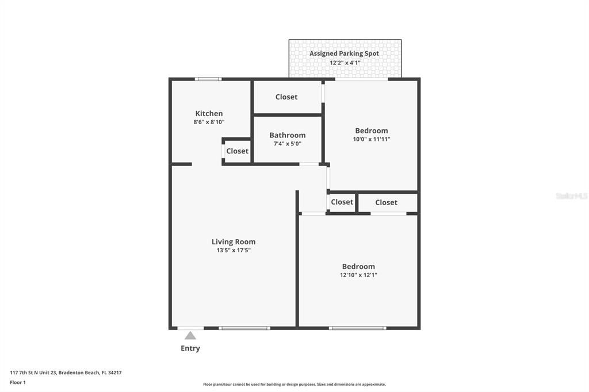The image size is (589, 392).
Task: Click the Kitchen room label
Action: click(209, 113)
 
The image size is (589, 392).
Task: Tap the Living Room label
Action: click(234, 242)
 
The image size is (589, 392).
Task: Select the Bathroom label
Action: click(288, 135)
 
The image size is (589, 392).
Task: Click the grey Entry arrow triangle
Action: click(190, 336)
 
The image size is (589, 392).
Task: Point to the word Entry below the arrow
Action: click(190, 348)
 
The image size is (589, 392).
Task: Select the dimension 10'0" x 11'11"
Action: click(372, 139)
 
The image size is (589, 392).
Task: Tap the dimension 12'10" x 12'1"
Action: click(358, 275)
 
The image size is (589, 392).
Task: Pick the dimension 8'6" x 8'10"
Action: click(209, 122)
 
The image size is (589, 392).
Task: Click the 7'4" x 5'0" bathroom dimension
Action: click(288, 144)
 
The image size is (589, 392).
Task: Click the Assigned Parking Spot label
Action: click(345, 53)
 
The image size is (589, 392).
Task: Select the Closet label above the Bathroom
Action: click(286, 97)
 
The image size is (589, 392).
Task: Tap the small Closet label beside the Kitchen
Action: click(237, 151)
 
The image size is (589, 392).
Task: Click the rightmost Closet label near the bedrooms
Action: click(386, 202)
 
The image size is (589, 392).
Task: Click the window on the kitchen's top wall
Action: click(208, 79)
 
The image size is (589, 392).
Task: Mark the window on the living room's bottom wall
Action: click(244, 328)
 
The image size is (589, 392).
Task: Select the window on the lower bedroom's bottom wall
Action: click(357, 328)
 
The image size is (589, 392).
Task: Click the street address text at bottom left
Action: click(66, 372)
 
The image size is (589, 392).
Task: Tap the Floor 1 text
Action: click(18, 382)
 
